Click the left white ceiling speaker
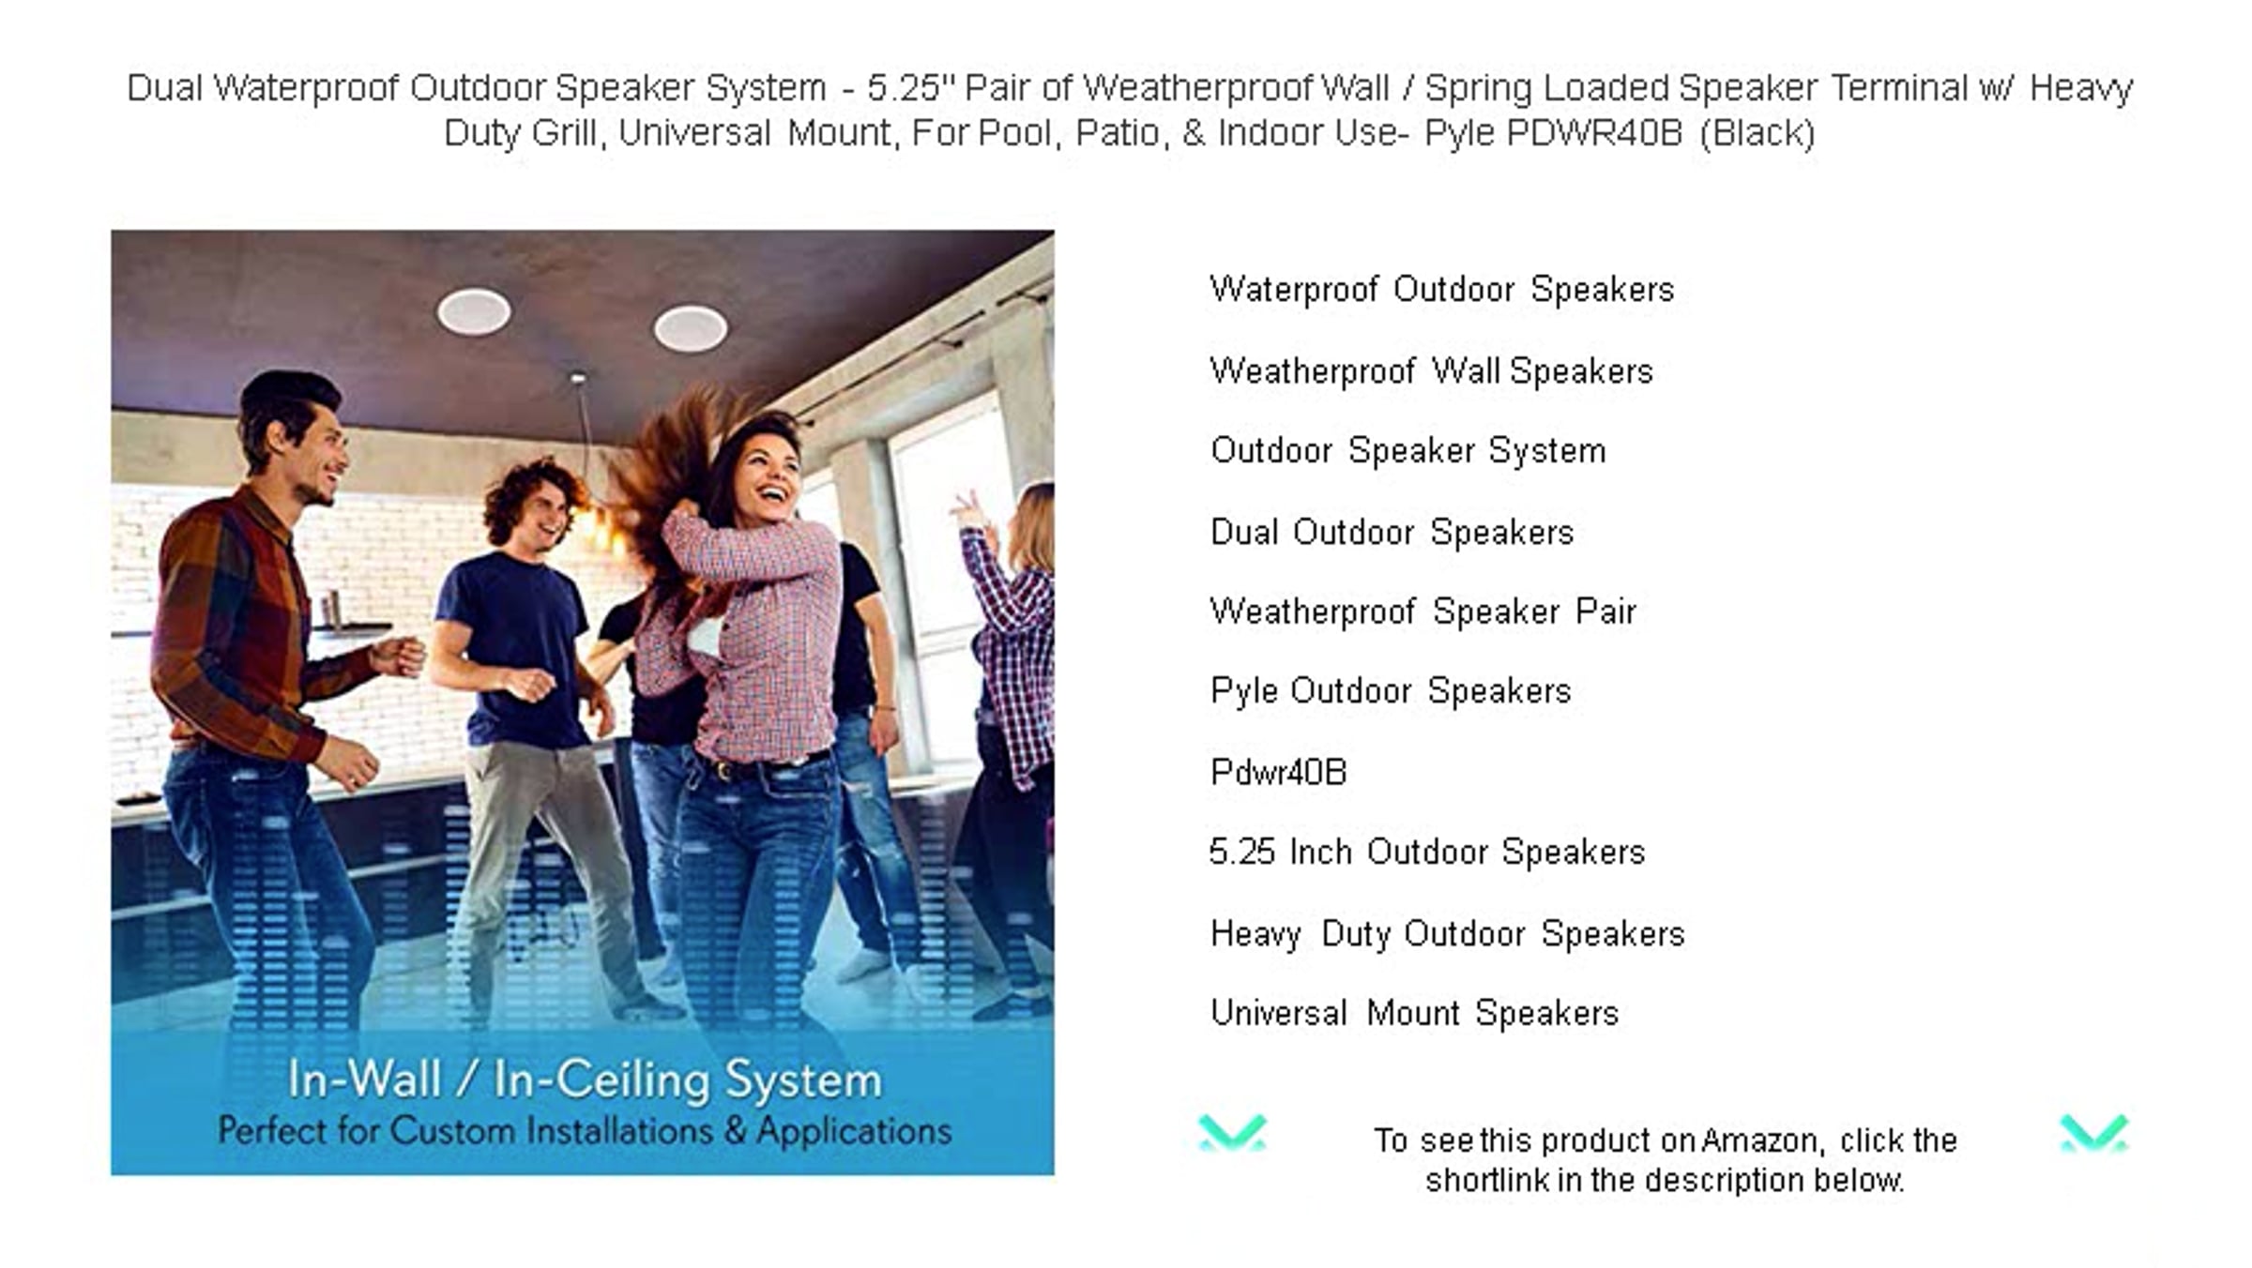474,311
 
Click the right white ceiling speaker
691,328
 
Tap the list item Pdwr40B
1278,773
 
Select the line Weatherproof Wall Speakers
1431,371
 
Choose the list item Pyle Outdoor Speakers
1391,692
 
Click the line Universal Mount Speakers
1415,1013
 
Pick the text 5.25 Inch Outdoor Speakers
1427,853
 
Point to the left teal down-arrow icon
1232,1133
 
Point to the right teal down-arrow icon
2093,1133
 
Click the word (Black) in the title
1757,133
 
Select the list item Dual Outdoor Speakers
1392,533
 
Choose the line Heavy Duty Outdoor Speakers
1448,934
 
